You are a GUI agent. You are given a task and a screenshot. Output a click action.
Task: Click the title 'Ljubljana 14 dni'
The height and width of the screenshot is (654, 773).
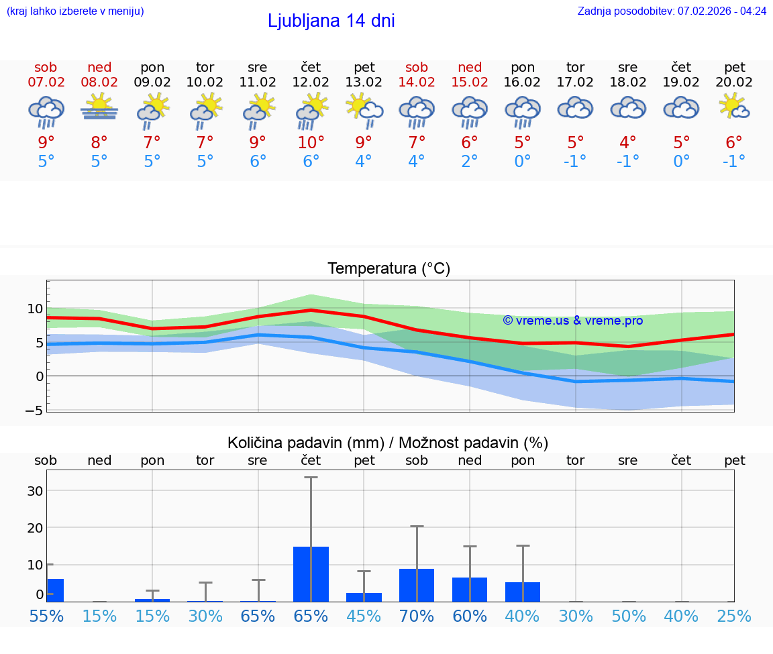pos(331,21)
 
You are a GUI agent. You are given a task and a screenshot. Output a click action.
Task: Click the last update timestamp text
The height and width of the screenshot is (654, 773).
pos(672,11)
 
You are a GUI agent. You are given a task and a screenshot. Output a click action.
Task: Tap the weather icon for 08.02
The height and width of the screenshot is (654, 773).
pos(99,107)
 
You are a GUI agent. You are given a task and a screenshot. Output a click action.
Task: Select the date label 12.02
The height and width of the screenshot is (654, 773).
pos(311,82)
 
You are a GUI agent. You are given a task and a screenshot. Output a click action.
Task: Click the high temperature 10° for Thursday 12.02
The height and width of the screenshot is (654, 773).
pos(311,142)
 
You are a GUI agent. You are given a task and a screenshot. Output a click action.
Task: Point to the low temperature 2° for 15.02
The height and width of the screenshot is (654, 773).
pos(470,162)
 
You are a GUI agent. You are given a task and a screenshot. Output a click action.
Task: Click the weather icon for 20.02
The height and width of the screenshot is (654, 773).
pos(734,107)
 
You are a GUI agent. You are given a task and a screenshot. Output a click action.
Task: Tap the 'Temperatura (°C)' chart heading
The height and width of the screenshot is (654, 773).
pos(389,268)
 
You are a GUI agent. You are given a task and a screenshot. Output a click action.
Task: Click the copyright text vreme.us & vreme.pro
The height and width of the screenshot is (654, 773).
pos(572,321)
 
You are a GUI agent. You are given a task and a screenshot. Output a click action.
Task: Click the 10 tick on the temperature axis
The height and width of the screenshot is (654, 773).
pos(35,309)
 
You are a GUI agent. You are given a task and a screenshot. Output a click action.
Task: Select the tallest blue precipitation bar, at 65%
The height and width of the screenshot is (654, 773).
pos(311,574)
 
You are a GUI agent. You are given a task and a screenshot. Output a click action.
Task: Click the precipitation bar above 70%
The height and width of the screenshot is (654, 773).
pos(417,585)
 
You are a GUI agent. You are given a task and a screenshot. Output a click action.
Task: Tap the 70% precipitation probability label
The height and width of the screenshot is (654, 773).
pos(417,616)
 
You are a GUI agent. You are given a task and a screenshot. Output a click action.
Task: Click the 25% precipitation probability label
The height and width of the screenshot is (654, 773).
pos(734,616)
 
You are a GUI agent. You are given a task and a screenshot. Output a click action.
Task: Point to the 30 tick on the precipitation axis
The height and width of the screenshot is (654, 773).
pos(35,490)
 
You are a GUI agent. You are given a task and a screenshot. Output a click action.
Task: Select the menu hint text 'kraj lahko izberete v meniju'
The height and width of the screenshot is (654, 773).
pos(75,11)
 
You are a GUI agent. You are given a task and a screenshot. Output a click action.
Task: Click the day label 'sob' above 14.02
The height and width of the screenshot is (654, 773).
pos(417,67)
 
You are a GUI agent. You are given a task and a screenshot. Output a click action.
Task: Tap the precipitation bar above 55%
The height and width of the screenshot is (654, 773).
pos(55,590)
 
